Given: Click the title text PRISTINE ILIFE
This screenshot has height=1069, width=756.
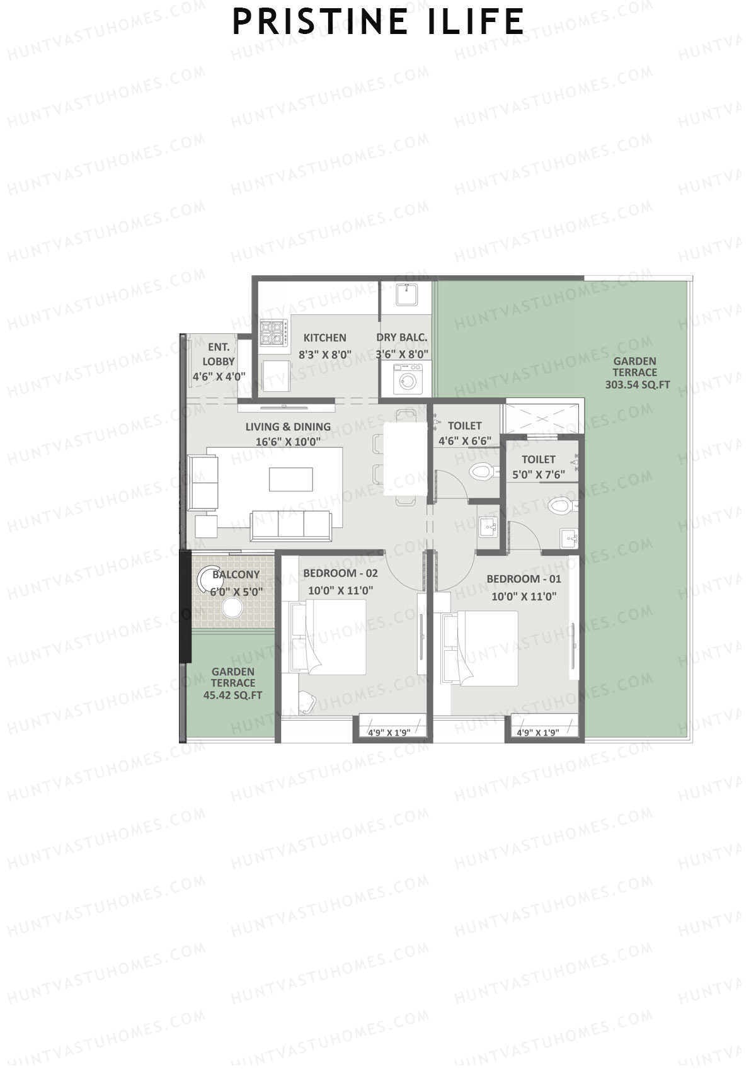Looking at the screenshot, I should [378, 22].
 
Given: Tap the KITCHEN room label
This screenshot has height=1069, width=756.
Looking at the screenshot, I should [324, 338].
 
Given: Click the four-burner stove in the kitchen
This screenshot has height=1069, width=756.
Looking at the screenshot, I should [273, 333].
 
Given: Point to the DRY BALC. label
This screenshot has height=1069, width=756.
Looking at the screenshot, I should [401, 338].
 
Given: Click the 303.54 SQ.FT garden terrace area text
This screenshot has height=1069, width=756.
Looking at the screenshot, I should [637, 384].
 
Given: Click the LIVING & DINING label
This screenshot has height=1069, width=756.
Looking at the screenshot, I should [288, 426].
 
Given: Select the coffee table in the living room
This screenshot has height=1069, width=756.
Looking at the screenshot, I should [291, 479].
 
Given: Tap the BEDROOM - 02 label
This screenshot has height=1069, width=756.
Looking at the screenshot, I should [340, 573].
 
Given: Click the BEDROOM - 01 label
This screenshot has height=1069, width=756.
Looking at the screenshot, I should [524, 579].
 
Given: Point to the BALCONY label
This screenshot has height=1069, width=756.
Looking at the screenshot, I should [236, 575].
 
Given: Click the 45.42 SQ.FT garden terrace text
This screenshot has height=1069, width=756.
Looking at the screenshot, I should [232, 695].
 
